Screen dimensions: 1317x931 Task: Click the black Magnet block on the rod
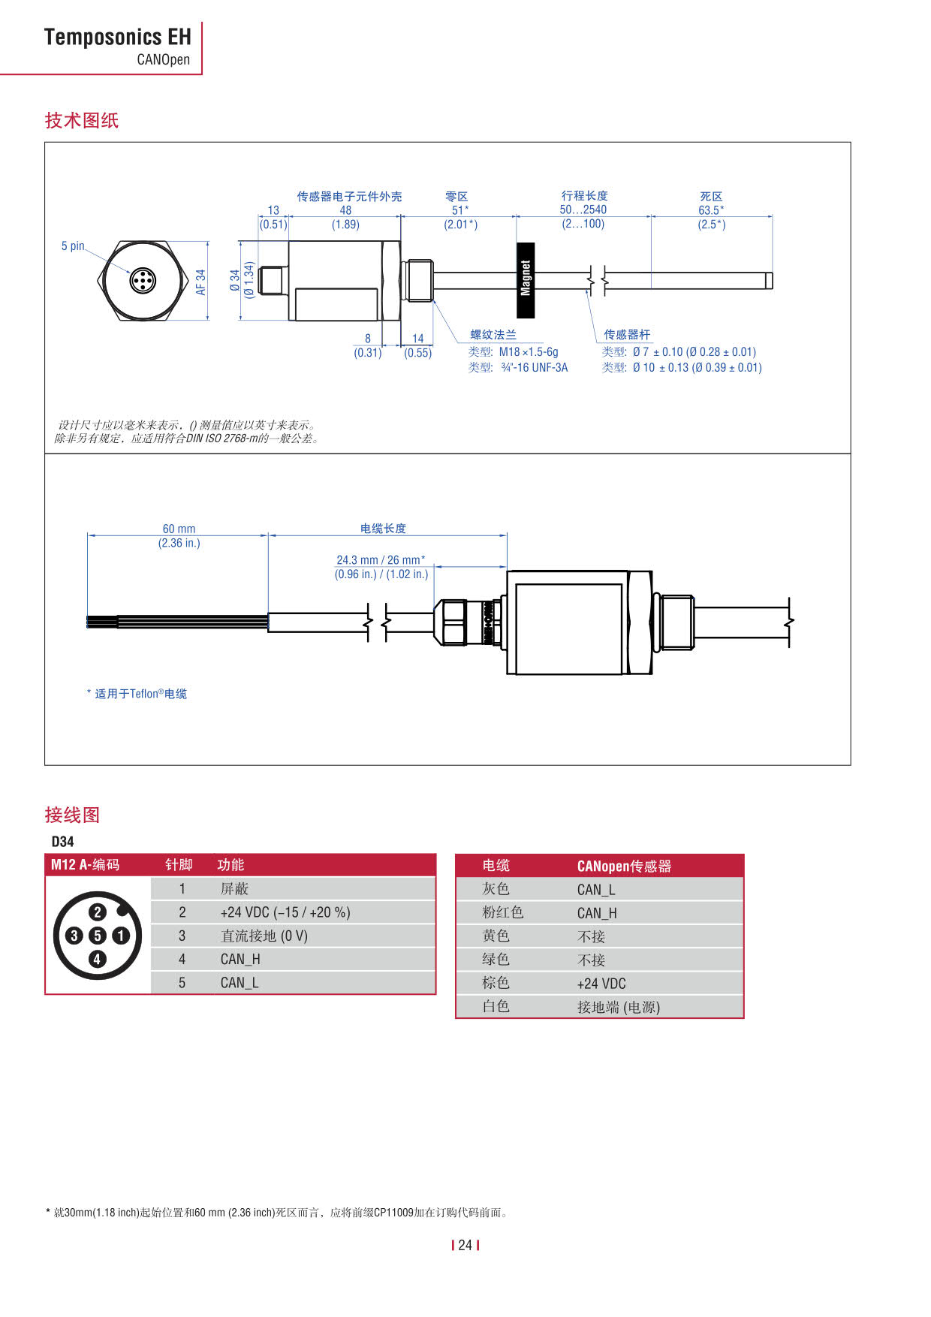[x=526, y=279]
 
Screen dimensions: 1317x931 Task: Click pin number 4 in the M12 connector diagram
[x=97, y=959]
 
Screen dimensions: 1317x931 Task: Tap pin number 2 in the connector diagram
[x=98, y=912]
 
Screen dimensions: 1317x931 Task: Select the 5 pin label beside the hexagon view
[x=73, y=246]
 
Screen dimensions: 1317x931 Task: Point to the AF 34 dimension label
[x=200, y=282]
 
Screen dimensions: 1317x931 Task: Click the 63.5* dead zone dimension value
[x=711, y=210]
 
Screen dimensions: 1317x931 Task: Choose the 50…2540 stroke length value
[x=583, y=209]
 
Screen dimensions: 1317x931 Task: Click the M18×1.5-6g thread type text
[x=529, y=351]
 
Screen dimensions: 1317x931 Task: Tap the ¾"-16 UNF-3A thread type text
[x=534, y=367]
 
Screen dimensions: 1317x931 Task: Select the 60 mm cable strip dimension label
[x=179, y=529]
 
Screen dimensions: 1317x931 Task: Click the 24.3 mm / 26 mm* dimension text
[x=381, y=559]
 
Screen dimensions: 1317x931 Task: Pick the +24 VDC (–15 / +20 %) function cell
[x=285, y=912]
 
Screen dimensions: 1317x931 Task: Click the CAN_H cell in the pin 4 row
[x=240, y=959]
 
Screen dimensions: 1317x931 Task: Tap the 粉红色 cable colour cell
[x=502, y=912]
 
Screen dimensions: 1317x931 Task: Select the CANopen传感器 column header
[x=624, y=866]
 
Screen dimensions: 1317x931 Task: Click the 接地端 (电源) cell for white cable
[x=618, y=1007]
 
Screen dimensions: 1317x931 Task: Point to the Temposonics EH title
[x=117, y=37]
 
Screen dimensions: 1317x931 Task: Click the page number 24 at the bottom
[x=465, y=1245]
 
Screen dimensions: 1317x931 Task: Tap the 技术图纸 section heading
[x=82, y=120]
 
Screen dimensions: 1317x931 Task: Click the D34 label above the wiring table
[x=62, y=842]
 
